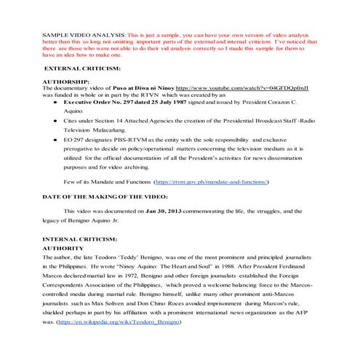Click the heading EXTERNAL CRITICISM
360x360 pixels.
coord(79,67)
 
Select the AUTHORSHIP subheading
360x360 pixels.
coord(66,81)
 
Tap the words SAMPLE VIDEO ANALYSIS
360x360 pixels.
coord(83,35)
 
